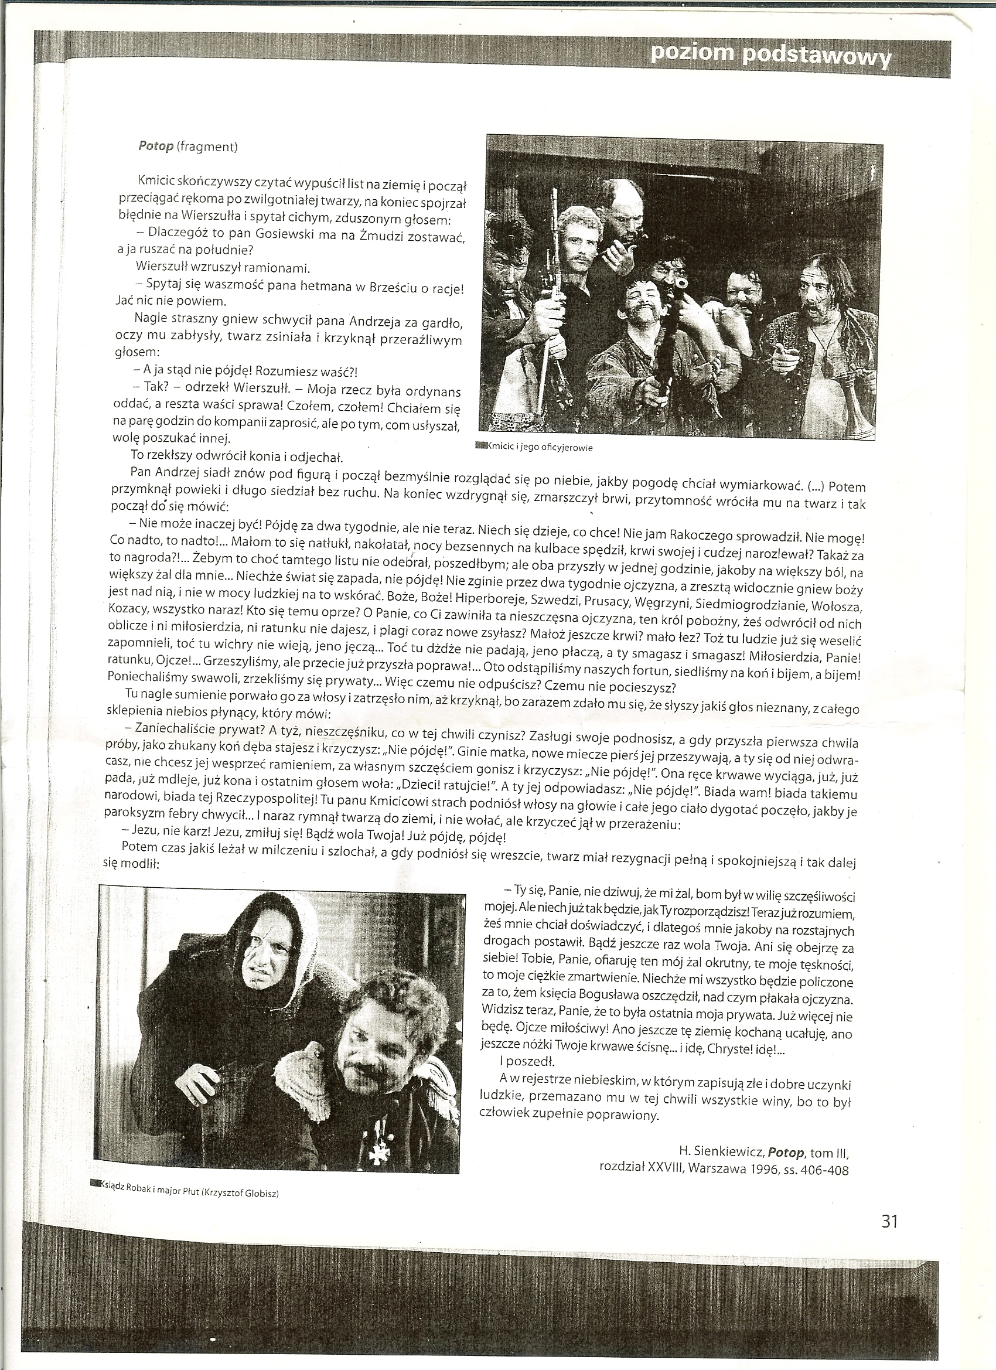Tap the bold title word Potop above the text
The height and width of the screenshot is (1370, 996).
click(x=155, y=146)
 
